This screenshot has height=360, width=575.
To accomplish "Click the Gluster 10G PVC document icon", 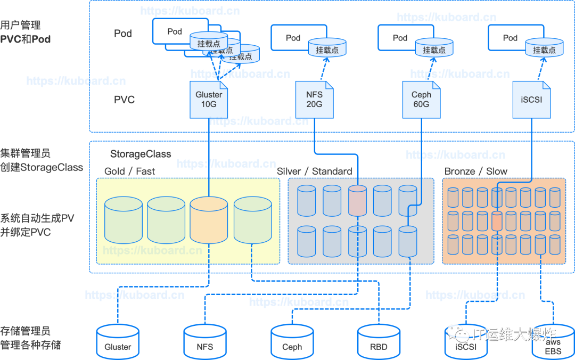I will click(209, 100).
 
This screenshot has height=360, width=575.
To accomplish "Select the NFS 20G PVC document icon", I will click(314, 100).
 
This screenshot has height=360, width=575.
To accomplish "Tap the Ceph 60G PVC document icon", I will click(421, 100).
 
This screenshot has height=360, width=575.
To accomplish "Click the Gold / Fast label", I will click(129, 171).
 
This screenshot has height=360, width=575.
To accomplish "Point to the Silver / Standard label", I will click(314, 171).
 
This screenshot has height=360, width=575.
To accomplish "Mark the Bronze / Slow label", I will click(475, 171).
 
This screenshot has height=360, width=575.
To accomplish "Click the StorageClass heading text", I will click(141, 154).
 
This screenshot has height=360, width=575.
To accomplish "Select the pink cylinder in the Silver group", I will click(358, 200).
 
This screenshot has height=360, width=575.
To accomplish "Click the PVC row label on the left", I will click(124, 100).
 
